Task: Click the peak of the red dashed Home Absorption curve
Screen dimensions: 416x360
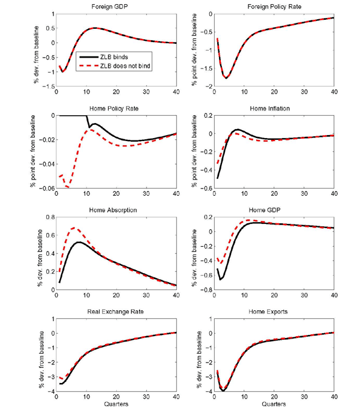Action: pos(74,228)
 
